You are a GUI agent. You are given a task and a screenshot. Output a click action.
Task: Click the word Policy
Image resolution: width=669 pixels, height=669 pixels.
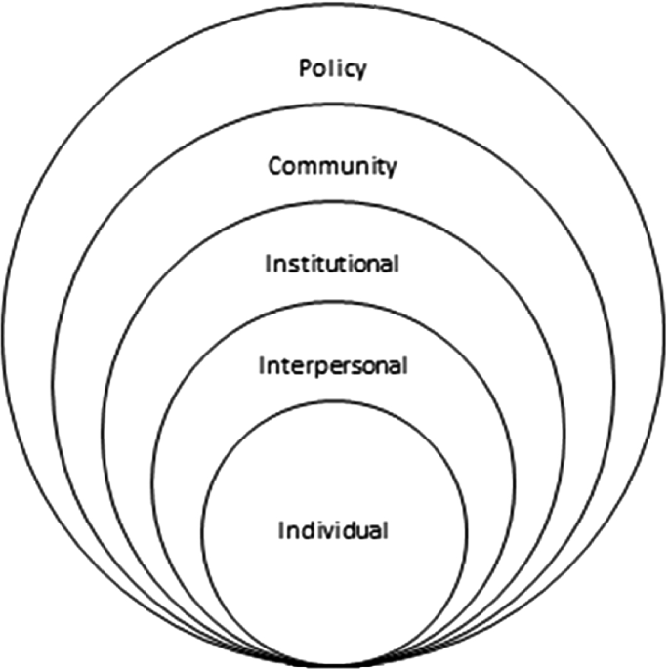(333, 69)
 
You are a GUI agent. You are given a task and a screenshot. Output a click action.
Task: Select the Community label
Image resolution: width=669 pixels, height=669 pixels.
(333, 166)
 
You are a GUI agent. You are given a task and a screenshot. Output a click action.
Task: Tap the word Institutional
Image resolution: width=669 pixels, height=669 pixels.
(333, 264)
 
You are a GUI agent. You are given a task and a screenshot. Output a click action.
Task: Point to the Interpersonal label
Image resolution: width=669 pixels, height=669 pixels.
(333, 366)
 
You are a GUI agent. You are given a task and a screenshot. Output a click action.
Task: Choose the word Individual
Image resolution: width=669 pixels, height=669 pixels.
(334, 531)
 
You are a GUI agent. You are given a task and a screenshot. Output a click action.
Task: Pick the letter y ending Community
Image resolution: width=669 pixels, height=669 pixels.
(392, 169)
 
